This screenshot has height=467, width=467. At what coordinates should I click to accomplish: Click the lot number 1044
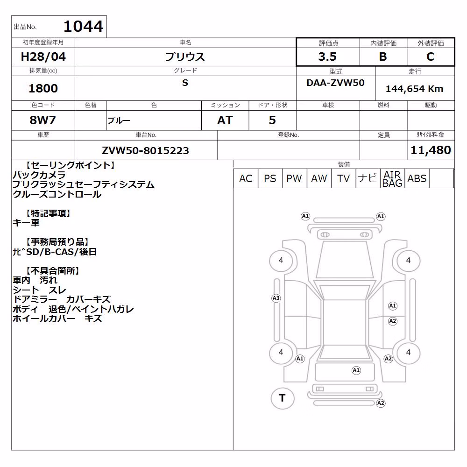tap(84, 26)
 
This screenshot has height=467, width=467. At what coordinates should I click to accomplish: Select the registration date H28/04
tap(43, 57)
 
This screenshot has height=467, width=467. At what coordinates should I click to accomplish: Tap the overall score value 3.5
tap(327, 57)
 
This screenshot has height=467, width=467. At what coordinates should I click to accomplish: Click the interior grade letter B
tap(383, 57)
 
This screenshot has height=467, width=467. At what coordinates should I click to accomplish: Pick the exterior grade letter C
tap(430, 57)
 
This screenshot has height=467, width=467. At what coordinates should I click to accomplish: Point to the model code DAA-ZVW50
tap(336, 83)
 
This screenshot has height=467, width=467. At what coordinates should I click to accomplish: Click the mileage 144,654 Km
tap(414, 89)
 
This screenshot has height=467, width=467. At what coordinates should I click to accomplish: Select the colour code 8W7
tap(42, 120)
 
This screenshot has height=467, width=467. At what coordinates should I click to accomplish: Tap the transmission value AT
tap(225, 120)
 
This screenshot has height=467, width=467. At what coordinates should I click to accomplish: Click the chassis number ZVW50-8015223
tap(145, 150)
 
